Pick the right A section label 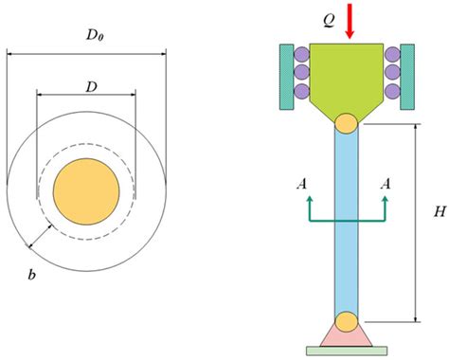pos(385,187)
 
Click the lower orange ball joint pos(347,320)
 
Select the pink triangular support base pos(347,336)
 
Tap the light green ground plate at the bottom pos(347,351)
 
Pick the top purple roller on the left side pos(302,54)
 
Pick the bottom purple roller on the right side pos(391,91)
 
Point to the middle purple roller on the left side pos(302,72)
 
